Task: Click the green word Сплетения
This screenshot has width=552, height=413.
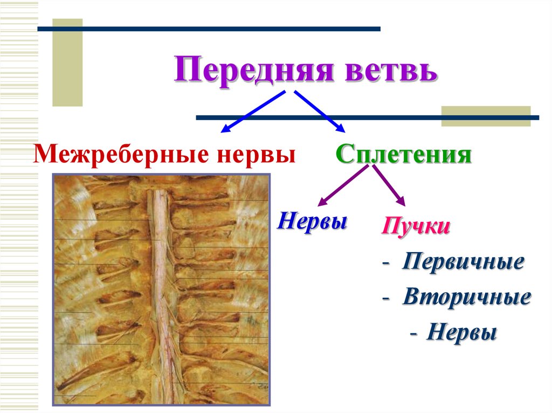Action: coord(404,155)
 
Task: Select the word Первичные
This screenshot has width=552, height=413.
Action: coord(463,262)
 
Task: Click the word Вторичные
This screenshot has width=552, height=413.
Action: coord(466,297)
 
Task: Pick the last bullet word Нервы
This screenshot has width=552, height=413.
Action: coord(461,332)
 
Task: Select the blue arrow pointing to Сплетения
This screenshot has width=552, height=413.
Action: coord(319,111)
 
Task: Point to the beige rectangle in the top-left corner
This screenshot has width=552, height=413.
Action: coord(67,62)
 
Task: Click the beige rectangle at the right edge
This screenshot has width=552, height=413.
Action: coord(486,116)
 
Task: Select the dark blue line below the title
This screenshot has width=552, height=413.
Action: coord(367,117)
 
